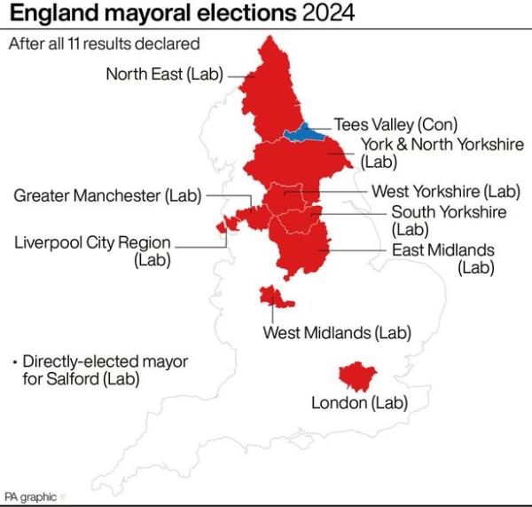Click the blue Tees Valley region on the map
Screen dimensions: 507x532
303,135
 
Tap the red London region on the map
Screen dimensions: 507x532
359,376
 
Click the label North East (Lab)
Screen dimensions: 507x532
165,75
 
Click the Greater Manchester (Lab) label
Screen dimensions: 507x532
107,195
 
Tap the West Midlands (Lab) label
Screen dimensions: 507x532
338,333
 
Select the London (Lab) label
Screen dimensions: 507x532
359,403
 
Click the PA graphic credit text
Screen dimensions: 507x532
31,496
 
